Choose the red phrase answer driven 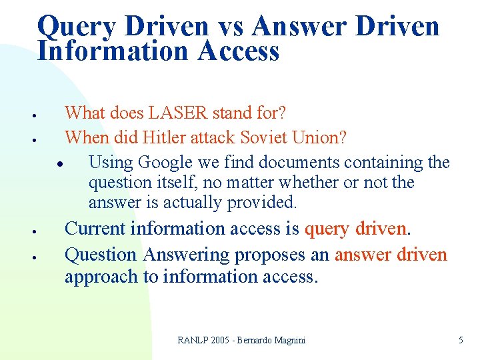tap(391, 254)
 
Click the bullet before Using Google tap(59, 164)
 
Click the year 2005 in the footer tap(223, 340)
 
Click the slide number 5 tap(461, 340)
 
